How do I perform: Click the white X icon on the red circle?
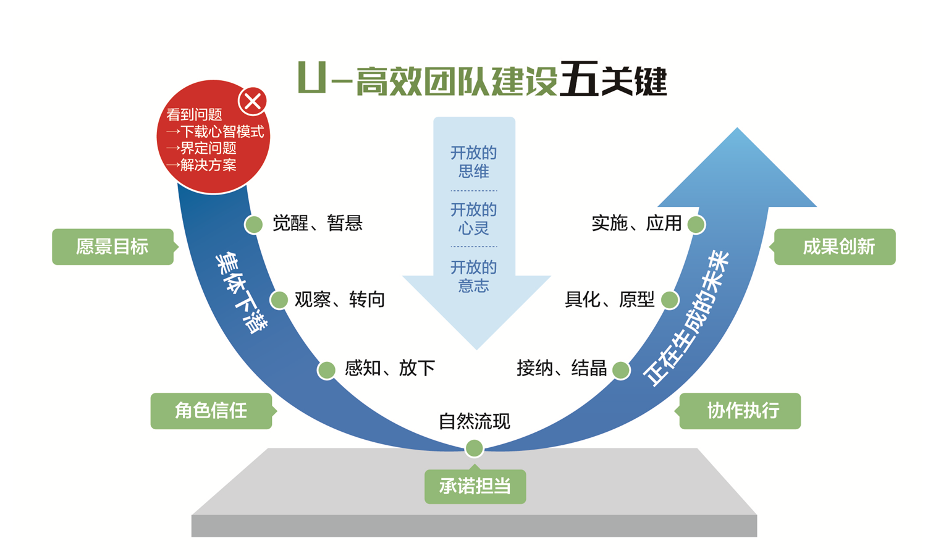pyautogui.click(x=252, y=101)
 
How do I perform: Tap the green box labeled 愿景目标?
pyautogui.click(x=112, y=246)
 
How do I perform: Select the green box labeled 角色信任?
pyautogui.click(x=211, y=411)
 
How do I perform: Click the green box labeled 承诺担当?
pyautogui.click(x=475, y=487)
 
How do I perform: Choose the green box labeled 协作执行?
pyautogui.click(x=740, y=411)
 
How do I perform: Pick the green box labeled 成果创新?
pyautogui.click(x=835, y=246)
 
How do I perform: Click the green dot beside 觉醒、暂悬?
pyautogui.click(x=253, y=224)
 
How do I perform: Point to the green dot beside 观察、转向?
pyautogui.click(x=279, y=300)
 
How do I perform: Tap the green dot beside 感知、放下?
pyautogui.click(x=326, y=370)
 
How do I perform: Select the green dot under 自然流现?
pyautogui.click(x=474, y=448)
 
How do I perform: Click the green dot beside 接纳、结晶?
pyautogui.click(x=621, y=370)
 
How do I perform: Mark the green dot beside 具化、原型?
pyautogui.click(x=670, y=300)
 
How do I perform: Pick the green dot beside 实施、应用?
pyautogui.click(x=696, y=224)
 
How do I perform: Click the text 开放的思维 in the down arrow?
pyautogui.click(x=474, y=162)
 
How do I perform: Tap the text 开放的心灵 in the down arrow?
pyautogui.click(x=474, y=219)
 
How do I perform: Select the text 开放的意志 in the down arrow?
pyautogui.click(x=474, y=276)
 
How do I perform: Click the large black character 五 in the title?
pyautogui.click(x=578, y=80)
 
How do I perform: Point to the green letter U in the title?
pyautogui.click(x=311, y=78)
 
